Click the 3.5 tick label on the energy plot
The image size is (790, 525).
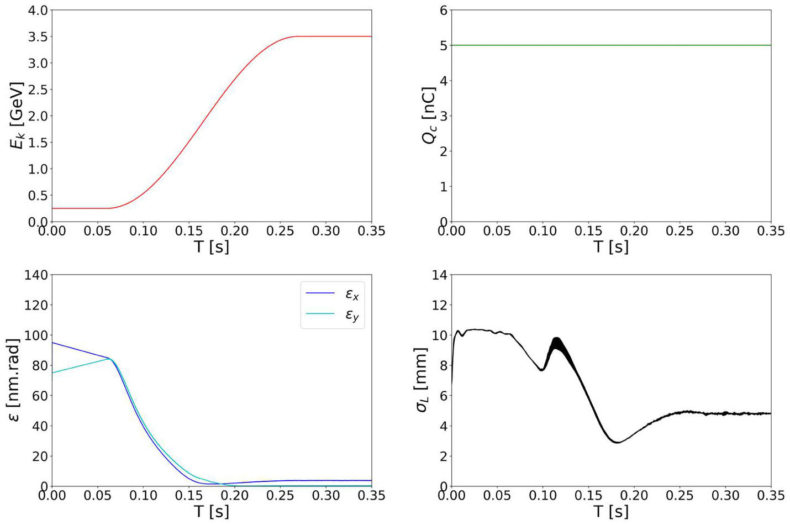[38, 36]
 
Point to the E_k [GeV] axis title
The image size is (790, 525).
[17, 116]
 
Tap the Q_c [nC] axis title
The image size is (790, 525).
[429, 116]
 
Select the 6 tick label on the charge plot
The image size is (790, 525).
[443, 11]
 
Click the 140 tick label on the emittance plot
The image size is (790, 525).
[36, 275]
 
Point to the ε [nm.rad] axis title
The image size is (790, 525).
[15, 380]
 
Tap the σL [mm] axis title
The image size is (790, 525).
[422, 380]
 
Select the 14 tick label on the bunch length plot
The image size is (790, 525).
[439, 275]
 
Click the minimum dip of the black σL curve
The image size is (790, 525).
[617, 442]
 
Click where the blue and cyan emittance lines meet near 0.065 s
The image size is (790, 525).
[110, 359]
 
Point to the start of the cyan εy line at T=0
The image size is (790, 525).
[52, 373]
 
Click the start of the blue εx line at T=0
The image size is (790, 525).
[52, 343]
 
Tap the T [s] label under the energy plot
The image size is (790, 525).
[212, 246]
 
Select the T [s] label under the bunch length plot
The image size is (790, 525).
[611, 511]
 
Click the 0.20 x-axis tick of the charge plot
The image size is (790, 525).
[634, 231]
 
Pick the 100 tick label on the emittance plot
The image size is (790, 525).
[36, 335]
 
